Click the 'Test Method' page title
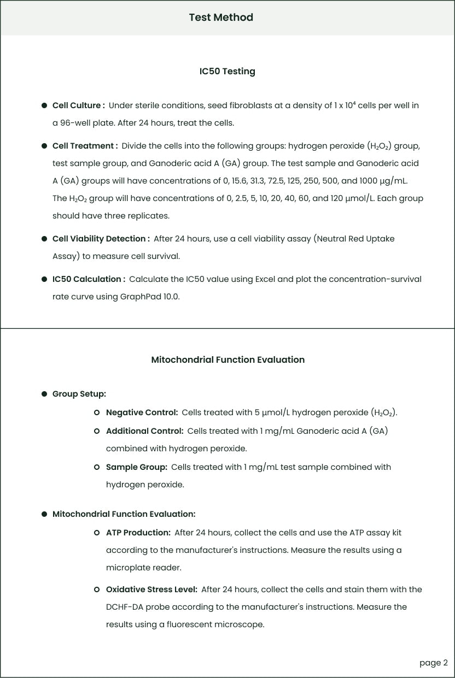tap(221, 17)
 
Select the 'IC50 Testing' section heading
tap(227, 71)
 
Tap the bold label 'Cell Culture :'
tap(78, 105)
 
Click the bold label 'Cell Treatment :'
tap(85, 146)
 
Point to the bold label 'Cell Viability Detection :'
tap(101, 239)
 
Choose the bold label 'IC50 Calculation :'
tap(89, 279)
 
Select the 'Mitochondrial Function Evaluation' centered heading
tap(227, 359)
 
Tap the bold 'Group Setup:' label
tap(79, 394)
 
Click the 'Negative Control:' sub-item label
tap(142, 412)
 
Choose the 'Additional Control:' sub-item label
tap(144, 431)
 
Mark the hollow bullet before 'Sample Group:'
tap(97, 467)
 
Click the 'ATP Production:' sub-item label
tap(138, 533)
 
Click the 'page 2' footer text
tap(433, 663)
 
